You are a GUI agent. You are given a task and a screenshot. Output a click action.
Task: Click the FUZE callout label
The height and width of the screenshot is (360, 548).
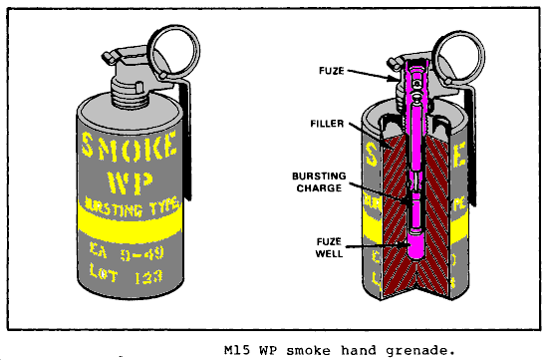point(332,71)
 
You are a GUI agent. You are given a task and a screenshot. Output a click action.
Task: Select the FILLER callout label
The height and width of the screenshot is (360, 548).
point(327,124)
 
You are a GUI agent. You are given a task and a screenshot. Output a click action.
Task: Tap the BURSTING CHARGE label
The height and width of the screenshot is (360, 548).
point(319,181)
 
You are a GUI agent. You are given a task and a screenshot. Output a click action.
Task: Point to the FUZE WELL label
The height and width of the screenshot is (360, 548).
point(329,247)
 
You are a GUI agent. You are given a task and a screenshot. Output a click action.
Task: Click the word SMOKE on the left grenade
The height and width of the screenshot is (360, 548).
point(130,146)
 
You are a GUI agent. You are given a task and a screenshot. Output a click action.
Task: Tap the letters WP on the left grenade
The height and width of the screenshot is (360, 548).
point(130,181)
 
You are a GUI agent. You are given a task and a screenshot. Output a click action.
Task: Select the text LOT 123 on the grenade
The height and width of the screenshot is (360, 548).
point(126,273)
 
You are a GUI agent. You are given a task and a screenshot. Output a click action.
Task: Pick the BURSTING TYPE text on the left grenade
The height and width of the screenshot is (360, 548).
point(133,207)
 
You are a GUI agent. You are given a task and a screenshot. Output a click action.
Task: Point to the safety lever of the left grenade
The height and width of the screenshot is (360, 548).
point(184,140)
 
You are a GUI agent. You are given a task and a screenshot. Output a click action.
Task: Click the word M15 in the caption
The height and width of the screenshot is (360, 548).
point(237,350)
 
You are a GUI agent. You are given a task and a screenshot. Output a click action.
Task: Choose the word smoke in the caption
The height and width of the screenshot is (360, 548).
point(308,350)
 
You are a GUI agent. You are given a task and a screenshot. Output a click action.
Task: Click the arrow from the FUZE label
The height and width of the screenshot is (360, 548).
point(373,75)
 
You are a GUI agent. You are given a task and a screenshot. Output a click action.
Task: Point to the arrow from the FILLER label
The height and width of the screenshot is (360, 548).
point(372,136)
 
